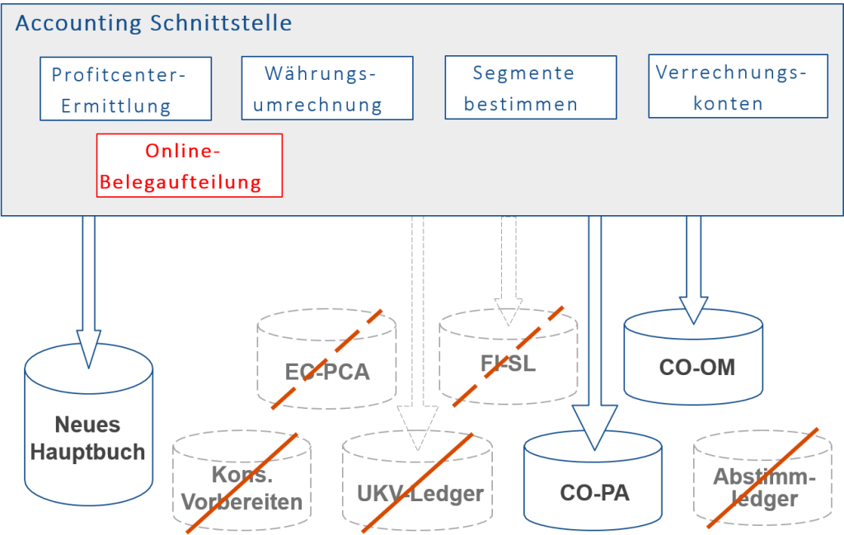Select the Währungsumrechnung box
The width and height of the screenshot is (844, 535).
[326, 89]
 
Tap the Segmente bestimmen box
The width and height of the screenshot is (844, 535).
[530, 88]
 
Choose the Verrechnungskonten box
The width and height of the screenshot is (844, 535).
[738, 87]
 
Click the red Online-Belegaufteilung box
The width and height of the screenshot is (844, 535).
[190, 166]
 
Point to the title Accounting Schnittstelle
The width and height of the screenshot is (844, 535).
[153, 23]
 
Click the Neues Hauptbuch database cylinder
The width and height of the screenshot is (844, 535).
[87, 437]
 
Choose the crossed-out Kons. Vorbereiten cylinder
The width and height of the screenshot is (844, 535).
[241, 486]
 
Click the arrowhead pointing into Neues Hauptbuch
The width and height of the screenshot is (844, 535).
[88, 346]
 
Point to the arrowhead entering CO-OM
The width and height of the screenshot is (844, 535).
[693, 309]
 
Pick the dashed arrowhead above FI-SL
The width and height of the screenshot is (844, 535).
[509, 310]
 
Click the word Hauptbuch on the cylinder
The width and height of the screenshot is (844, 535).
[88, 451]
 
